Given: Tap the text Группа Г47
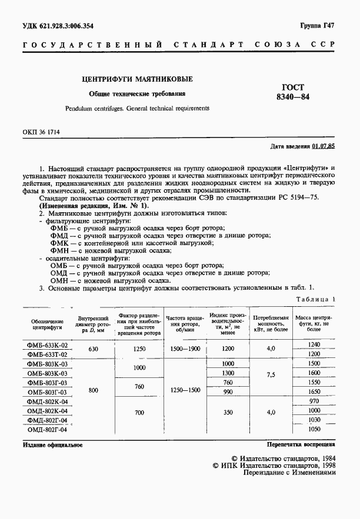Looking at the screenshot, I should [x=318, y=25].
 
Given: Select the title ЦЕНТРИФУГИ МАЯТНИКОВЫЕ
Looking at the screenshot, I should [x=136, y=79].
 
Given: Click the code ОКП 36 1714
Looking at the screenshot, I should [x=45, y=134].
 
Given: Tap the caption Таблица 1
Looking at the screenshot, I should [x=315, y=299].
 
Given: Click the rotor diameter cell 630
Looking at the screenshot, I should [x=93, y=349].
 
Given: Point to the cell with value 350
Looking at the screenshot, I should [x=228, y=413].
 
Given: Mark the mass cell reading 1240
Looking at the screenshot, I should [x=314, y=344].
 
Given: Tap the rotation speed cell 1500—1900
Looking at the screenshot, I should [x=185, y=349].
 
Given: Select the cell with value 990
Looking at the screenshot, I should [x=228, y=392].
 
